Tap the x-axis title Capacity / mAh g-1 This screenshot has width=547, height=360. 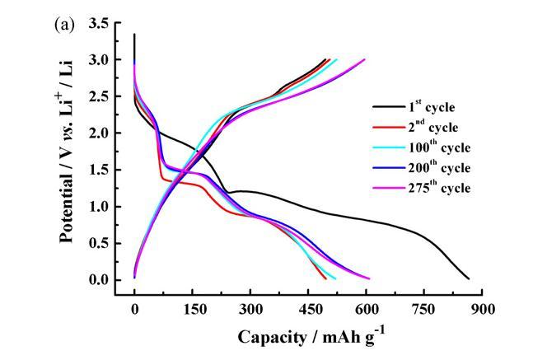point(311,337)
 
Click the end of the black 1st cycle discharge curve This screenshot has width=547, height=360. point(469,279)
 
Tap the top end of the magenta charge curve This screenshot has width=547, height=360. point(364,59)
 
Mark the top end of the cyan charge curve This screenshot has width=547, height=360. point(337,59)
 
